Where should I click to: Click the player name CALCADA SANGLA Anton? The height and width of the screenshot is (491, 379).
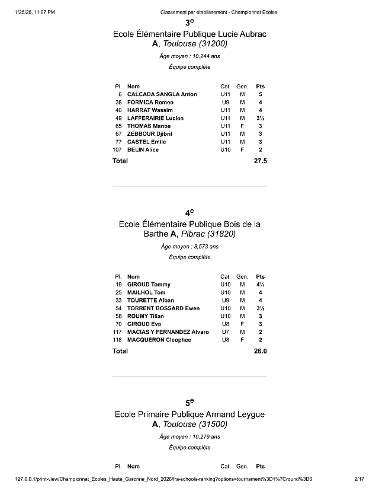tap(162, 94)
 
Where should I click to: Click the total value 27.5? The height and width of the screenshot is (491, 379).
tap(260, 161)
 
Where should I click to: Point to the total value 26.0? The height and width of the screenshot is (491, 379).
tap(260, 351)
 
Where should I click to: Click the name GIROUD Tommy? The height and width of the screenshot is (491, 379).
tap(149, 285)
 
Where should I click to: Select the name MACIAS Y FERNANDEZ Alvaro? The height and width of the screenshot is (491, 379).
tap(168, 332)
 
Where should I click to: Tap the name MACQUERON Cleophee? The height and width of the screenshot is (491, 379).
tap(159, 340)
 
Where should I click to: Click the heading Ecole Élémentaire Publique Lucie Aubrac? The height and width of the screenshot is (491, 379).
tap(189, 34)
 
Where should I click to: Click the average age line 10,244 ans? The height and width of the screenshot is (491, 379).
tap(189, 56)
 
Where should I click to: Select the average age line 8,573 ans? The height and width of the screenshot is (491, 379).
tap(189, 246)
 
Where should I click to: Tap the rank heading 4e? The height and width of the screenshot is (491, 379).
tap(189, 212)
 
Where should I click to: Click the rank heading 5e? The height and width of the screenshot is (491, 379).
tap(189, 402)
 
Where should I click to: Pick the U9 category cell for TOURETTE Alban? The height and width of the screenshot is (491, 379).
tap(225, 301)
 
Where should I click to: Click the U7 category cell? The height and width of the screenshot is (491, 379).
tap(225, 332)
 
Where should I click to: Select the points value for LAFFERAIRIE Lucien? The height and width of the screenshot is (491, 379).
tap(261, 118)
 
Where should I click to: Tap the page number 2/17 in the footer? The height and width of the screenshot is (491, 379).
tap(358, 479)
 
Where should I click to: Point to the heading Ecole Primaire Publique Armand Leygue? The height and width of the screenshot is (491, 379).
tap(189, 414)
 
